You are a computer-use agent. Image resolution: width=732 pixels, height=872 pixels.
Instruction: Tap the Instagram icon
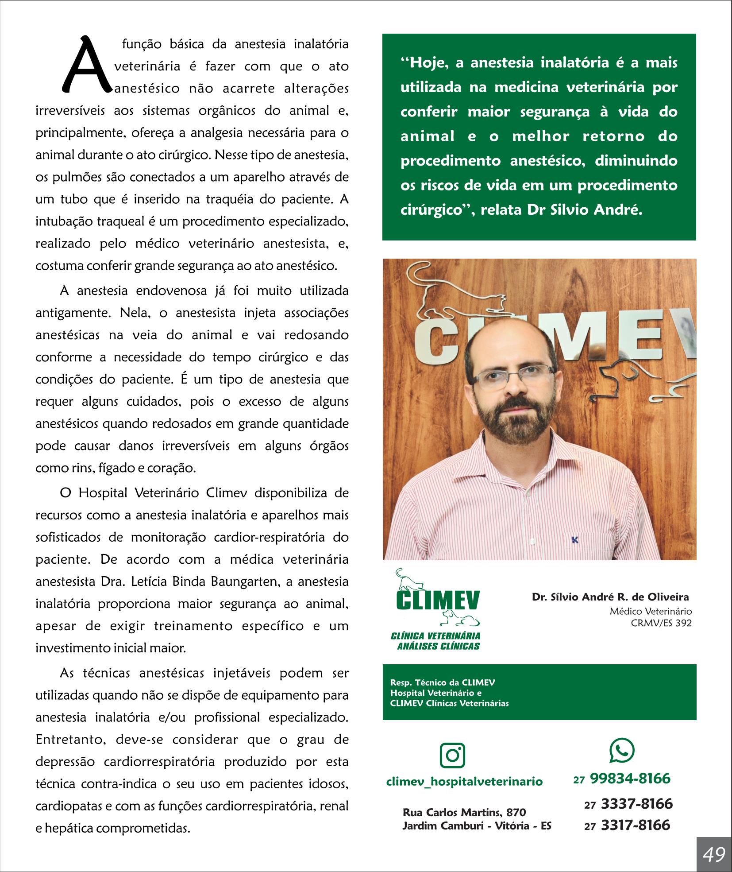coord(452,756)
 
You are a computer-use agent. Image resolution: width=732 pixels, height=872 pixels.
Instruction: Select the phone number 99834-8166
coord(630,779)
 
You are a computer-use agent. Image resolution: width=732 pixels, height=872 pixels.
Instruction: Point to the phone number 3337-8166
coord(636,804)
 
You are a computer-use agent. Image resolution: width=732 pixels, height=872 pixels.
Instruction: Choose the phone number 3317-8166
coord(635,825)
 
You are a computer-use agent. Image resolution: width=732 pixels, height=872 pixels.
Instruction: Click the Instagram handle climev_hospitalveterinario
coord(464,781)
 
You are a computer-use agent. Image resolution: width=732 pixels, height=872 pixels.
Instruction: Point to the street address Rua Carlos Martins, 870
coord(464,812)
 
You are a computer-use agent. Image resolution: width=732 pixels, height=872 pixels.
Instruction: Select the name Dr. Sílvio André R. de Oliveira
coord(610,597)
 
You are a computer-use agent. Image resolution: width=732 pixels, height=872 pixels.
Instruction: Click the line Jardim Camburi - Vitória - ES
coord(477,826)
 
